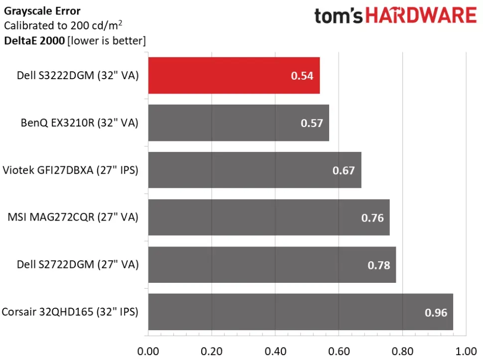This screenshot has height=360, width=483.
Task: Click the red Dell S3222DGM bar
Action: (234, 76)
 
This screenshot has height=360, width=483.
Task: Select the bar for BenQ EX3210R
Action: (239, 123)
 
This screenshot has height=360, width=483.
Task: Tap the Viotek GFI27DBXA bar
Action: (255, 170)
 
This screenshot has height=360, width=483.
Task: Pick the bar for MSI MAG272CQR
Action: (269, 218)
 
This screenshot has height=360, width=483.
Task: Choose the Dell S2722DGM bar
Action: (272, 264)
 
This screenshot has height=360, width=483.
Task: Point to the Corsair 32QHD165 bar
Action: (301, 312)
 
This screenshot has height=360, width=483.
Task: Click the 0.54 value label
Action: (302, 76)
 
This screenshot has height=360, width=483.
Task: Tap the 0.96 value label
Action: (436, 313)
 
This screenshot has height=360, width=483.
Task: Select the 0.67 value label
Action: (344, 170)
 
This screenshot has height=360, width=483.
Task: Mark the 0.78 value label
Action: (379, 265)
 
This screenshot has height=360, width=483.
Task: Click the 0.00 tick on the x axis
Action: (148, 352)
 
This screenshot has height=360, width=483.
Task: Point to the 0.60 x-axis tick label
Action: (339, 352)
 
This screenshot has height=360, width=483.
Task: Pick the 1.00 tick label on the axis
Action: (466, 352)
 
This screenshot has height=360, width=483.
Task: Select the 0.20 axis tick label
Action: (212, 352)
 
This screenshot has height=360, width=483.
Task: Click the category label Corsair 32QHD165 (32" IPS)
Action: (70, 312)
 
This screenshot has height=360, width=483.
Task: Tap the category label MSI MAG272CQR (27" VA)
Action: (73, 218)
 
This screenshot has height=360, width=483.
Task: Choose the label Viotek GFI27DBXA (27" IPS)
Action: (71, 170)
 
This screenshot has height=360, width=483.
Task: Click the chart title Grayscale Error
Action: (42, 11)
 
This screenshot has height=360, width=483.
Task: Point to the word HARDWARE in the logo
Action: (421, 15)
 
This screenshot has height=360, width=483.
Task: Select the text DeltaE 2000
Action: (34, 41)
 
